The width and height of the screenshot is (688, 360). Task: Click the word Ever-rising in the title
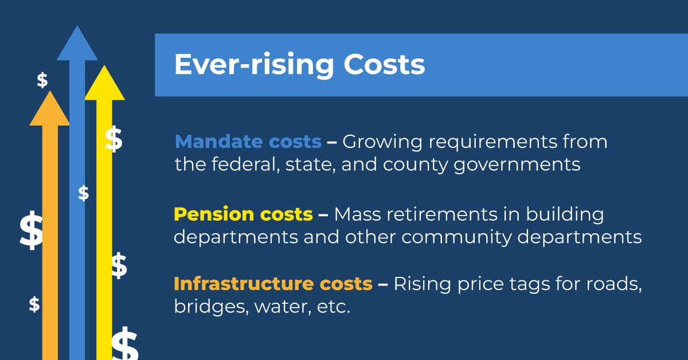point(254,65)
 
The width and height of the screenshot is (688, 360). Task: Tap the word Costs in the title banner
point(384,64)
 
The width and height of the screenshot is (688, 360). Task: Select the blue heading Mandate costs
point(248,142)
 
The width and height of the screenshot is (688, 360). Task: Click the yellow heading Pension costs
point(243,214)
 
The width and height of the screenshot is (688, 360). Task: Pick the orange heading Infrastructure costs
point(273,283)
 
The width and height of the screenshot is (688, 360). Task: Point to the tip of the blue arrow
point(77,26)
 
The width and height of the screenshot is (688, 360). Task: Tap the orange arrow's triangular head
point(49,108)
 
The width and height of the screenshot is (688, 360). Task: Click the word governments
point(517,165)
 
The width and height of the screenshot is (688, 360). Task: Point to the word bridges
point(212,307)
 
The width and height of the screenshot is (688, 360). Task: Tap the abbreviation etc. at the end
point(334,307)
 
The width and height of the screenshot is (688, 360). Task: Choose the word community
point(457,238)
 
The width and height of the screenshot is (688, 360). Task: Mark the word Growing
point(382,143)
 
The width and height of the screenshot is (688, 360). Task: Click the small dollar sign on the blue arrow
point(84,193)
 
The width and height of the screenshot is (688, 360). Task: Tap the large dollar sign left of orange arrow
point(31,230)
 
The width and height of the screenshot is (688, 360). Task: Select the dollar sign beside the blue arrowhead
point(42,80)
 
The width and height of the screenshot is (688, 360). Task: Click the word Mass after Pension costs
point(358,214)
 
